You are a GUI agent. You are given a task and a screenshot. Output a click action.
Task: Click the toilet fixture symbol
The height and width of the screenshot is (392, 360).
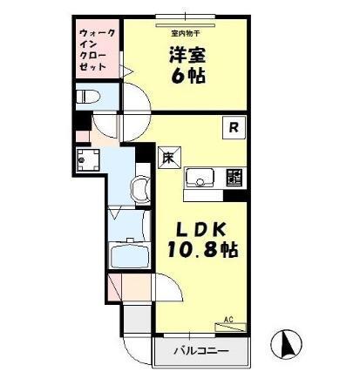click(x=87, y=97)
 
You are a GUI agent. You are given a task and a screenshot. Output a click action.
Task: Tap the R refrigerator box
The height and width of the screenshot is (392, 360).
click(x=234, y=128)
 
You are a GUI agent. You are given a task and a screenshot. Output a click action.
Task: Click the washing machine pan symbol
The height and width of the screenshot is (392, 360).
click(x=87, y=160)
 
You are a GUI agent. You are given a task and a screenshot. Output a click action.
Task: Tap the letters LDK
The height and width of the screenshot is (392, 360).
click(x=202, y=229)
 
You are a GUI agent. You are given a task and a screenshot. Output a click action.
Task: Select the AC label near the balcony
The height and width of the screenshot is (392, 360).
click(x=229, y=320)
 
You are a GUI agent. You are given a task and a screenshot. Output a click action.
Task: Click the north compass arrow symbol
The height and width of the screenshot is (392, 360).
click(x=285, y=346)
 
